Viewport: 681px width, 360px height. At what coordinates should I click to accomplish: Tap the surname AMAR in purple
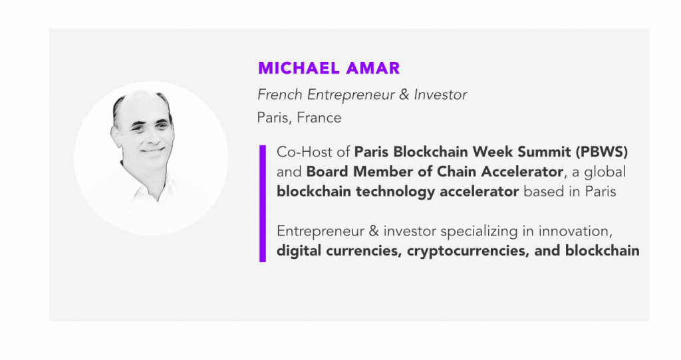point(373,69)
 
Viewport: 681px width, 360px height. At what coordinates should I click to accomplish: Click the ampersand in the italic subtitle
point(404,94)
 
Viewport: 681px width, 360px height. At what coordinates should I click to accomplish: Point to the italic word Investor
point(440,94)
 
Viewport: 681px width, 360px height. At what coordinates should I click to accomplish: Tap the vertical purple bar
point(262,204)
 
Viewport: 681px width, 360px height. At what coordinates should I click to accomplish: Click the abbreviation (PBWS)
point(602,152)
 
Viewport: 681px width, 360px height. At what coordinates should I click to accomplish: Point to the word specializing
point(479,232)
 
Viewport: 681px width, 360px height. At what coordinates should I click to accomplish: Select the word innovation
point(575,231)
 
